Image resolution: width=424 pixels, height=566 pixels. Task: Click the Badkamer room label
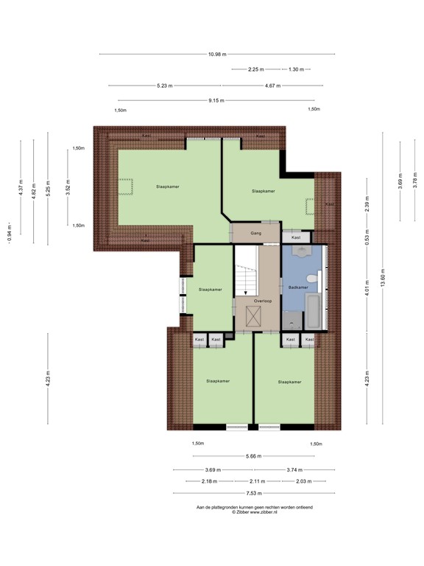297,287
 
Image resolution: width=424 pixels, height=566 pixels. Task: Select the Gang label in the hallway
255,233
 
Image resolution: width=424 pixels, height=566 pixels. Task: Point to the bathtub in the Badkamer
314,312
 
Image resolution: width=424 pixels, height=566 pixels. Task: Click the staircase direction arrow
246,292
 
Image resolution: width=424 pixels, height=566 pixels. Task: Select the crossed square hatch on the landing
253,318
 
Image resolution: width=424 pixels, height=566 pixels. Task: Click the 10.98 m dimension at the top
216,54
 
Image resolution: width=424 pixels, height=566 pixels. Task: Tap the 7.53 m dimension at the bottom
253,494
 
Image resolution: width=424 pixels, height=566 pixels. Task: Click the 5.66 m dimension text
253,457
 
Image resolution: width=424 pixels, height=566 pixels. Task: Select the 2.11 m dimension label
253,481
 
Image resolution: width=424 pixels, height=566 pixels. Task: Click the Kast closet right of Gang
296,238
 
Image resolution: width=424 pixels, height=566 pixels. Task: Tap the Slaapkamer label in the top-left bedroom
168,186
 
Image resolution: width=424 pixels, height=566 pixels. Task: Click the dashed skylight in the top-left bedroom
128,186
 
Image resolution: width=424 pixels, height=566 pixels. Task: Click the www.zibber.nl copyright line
254,512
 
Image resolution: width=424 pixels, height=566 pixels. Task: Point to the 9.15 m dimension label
216,101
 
